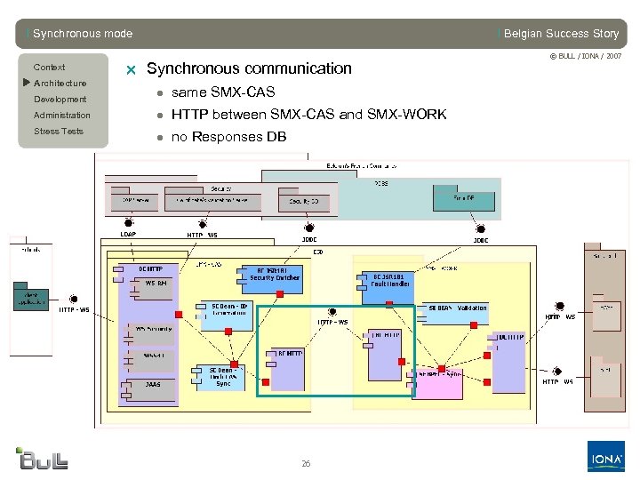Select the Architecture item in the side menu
pos(60,84)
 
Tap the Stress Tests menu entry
pos(58,132)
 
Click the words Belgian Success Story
pos(560,34)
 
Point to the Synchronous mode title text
pos(82,34)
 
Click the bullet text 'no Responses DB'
pos(228,136)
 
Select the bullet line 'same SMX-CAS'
pos(222,92)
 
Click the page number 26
pos(306,464)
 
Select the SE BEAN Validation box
pos(457,308)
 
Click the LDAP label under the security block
pos(128,235)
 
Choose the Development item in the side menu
pos(60,100)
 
